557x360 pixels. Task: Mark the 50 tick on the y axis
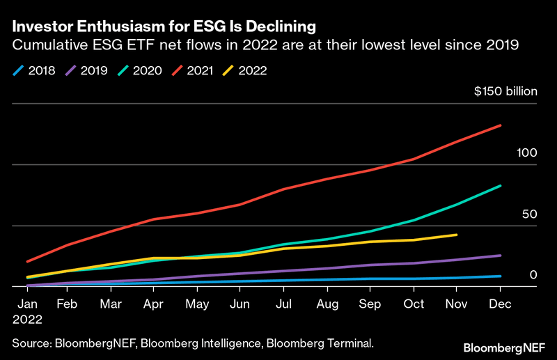click(x=529, y=214)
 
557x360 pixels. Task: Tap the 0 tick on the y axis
click(x=533, y=274)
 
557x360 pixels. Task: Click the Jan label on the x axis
click(x=26, y=304)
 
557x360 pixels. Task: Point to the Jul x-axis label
click(x=283, y=304)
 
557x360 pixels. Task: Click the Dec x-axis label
click(x=500, y=304)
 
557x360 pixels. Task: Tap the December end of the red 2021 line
click(x=501, y=125)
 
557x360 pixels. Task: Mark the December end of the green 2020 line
click(x=501, y=186)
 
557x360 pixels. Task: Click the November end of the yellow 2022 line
click(x=456, y=235)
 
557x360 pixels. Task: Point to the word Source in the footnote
click(x=32, y=342)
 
